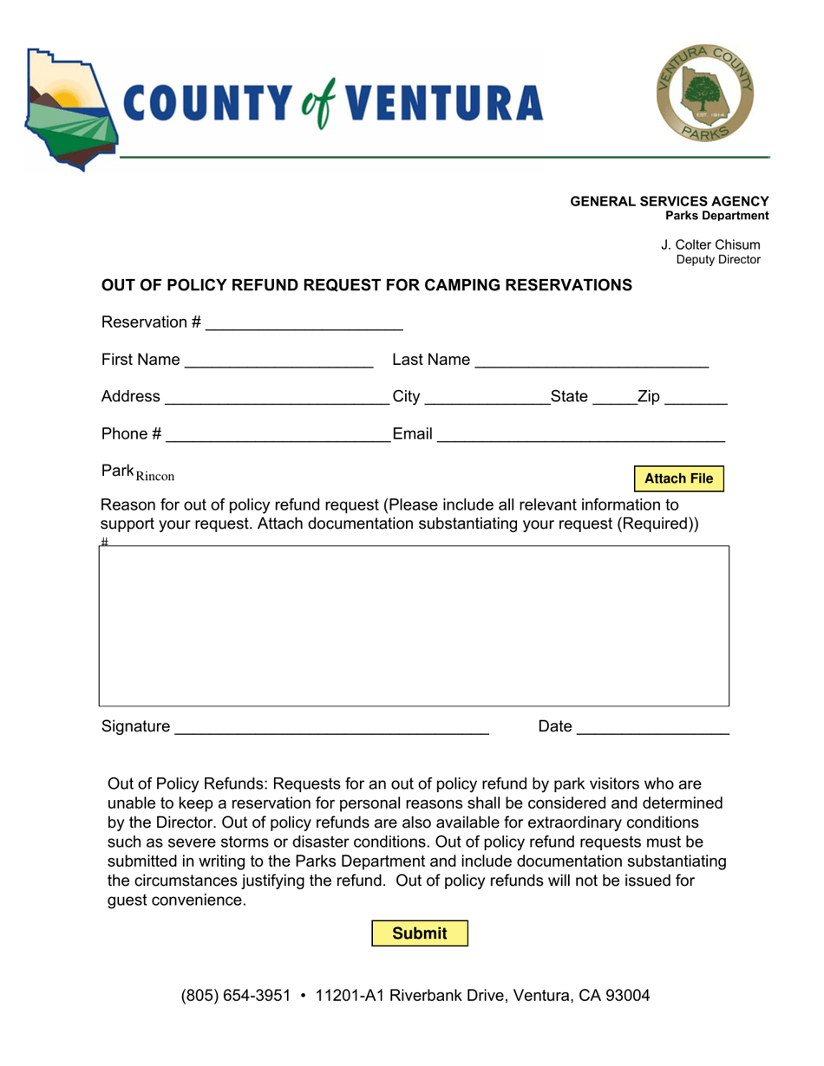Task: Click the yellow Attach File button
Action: pos(678,478)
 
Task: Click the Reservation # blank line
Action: pos(304,323)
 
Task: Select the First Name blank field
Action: pos(278,361)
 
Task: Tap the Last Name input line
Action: pos(592,361)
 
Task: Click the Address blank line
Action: pos(277,398)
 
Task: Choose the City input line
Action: pos(487,398)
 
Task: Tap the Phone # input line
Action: pos(278,435)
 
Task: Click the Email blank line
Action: pos(580,435)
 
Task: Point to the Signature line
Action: pos(331,728)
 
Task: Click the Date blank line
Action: pos(652,728)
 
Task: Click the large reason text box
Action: pos(414,626)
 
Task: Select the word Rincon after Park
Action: pos(155,476)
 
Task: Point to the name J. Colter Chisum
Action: pos(710,245)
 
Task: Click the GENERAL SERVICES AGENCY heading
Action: pos(669,201)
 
